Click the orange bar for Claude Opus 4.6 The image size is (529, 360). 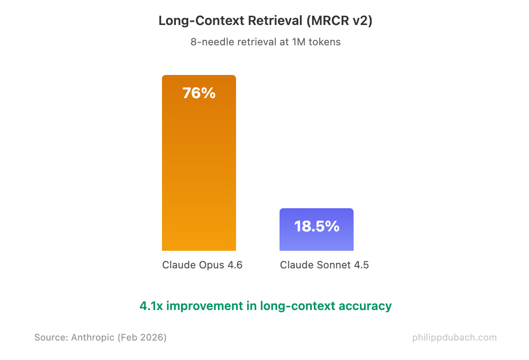click(x=199, y=176)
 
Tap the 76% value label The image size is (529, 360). click(x=199, y=93)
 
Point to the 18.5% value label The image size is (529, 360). click(x=317, y=226)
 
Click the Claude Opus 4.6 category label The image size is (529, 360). click(x=202, y=265)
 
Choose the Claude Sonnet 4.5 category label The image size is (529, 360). click(x=324, y=265)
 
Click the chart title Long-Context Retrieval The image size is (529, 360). click(x=230, y=21)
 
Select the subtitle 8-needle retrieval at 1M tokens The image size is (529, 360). click(x=265, y=42)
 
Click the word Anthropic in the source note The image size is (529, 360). click(x=93, y=337)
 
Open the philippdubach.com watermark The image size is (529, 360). click(x=454, y=337)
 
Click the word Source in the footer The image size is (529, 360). click(x=50, y=337)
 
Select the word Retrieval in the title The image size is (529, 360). click(x=276, y=21)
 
